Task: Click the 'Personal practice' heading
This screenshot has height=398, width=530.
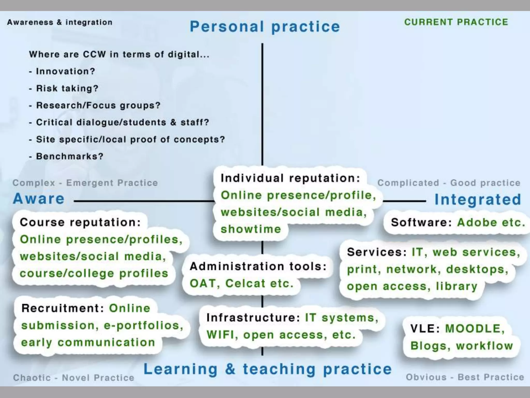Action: click(x=265, y=27)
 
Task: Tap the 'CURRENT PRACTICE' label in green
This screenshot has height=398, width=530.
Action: click(x=456, y=22)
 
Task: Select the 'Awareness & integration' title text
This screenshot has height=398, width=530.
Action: click(x=60, y=22)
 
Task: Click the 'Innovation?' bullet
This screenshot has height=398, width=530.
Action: click(x=65, y=71)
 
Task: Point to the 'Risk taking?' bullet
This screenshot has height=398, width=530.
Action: click(x=67, y=88)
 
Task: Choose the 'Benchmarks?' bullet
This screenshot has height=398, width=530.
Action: click(x=69, y=156)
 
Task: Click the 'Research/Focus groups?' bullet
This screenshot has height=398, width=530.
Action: click(x=98, y=105)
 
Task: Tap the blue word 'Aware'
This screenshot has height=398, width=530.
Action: click(x=39, y=199)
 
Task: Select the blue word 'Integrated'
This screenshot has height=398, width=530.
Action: click(x=478, y=200)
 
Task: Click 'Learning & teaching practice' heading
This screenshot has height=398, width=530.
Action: click(x=268, y=369)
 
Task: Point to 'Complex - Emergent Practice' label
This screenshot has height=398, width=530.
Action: click(x=85, y=183)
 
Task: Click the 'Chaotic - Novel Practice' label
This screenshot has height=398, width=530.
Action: click(x=74, y=378)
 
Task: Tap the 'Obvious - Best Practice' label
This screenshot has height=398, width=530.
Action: click(x=465, y=377)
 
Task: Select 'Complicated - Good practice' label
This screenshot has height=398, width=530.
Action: click(x=449, y=183)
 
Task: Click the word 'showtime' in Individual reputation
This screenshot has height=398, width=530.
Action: click(x=251, y=229)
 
